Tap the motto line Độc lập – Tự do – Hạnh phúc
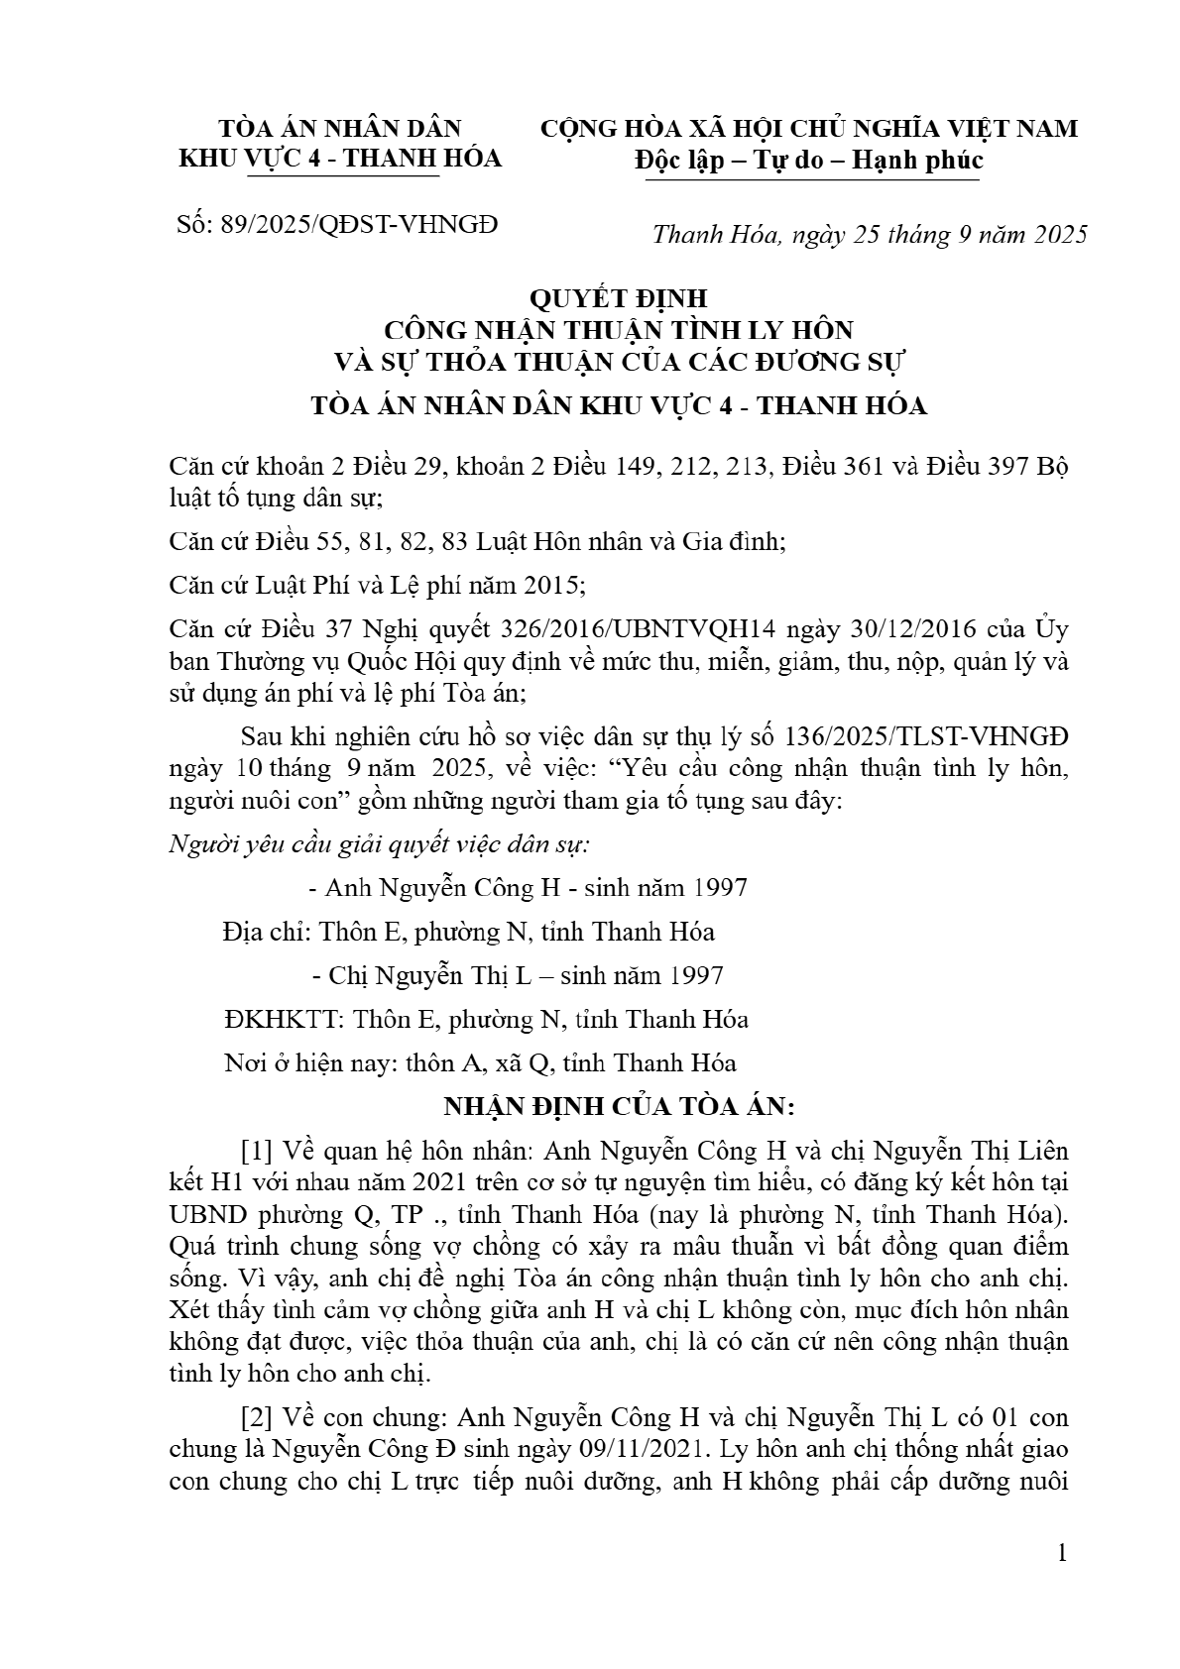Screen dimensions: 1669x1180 tap(808, 160)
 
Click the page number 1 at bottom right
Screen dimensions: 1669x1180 tap(1062, 1552)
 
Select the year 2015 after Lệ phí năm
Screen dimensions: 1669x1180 tap(551, 586)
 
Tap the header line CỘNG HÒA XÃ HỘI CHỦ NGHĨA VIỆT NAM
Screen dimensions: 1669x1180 tap(808, 129)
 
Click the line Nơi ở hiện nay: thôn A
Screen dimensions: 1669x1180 tap(481, 1063)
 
